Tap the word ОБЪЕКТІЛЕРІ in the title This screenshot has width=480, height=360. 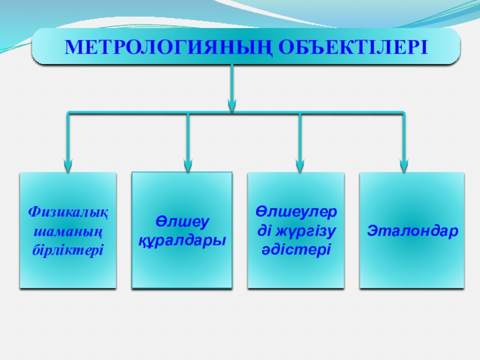343,46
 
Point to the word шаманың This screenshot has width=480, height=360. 68,230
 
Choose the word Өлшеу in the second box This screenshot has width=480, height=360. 182,222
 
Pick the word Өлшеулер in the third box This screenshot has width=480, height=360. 296,212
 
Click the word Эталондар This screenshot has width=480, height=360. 412,230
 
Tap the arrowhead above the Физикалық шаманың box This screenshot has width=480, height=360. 68,162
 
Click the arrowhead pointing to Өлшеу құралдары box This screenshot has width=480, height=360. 188,162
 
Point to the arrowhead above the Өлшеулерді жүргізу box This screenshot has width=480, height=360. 299,162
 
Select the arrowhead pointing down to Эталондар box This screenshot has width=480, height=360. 404,162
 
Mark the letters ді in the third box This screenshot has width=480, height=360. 265,230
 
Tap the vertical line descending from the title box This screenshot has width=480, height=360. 232,81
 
